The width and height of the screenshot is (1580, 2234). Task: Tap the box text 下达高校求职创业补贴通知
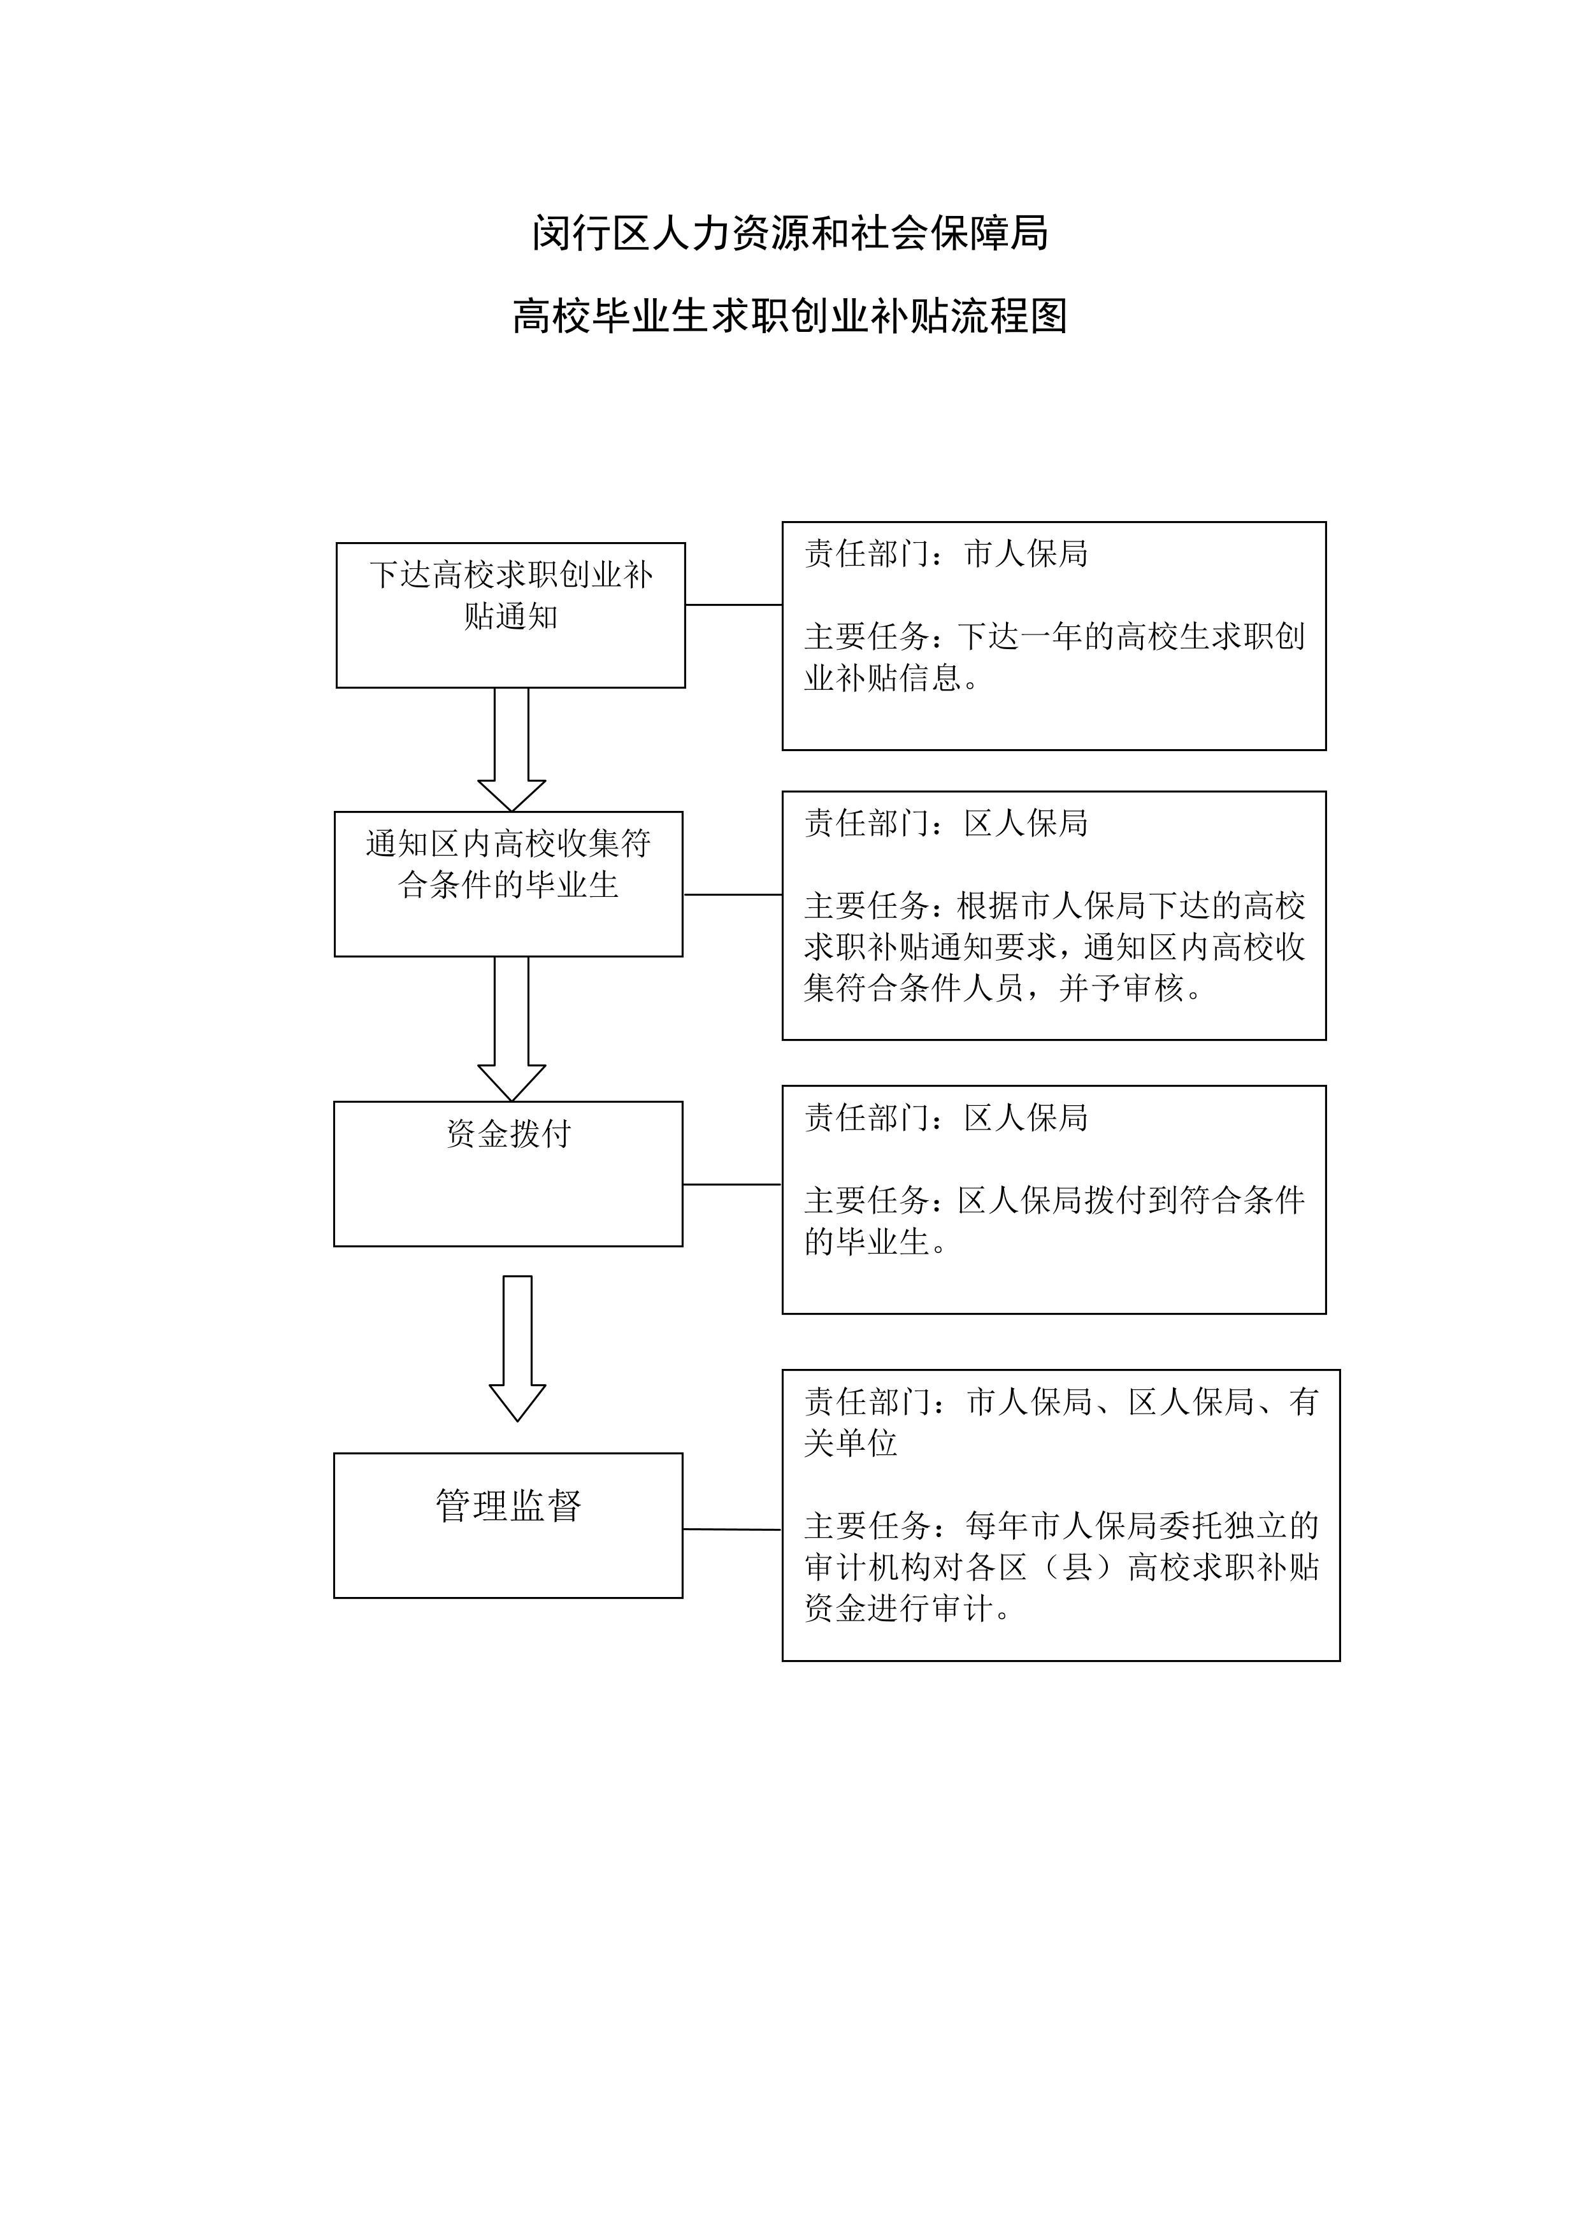511,594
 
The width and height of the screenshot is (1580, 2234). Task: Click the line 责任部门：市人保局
945,554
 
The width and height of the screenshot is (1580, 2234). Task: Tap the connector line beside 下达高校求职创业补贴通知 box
733,605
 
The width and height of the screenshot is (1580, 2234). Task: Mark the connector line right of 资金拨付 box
731,1184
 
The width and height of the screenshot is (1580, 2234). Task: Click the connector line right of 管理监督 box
731,1529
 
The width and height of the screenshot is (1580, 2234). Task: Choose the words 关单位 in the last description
851,1443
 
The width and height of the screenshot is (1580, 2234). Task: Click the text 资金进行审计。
907,1608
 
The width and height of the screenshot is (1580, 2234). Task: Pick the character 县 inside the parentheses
1078,1568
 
